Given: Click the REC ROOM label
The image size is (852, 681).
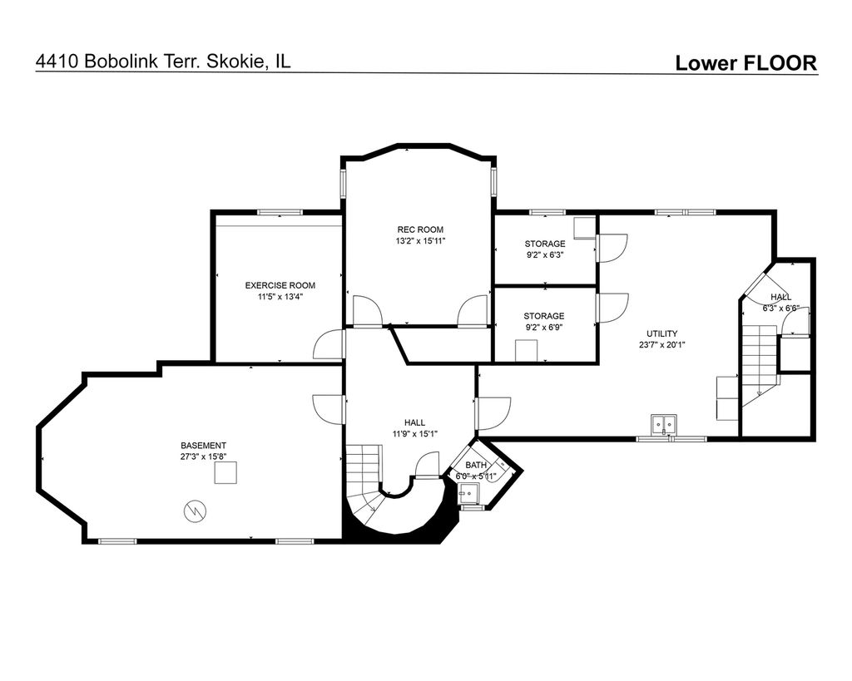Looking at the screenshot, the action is click(420, 229).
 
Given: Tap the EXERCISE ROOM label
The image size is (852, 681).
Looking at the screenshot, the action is click(280, 286).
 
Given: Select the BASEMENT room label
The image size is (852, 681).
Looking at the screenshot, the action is click(203, 446).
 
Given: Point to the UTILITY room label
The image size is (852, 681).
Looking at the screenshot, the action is click(661, 333).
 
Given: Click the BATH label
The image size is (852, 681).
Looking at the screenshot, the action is click(476, 465).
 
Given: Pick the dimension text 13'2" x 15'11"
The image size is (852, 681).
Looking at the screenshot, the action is click(420, 241).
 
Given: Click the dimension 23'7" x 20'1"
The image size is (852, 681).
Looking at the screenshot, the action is click(661, 344).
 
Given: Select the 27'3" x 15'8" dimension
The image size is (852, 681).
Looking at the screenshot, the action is click(203, 456).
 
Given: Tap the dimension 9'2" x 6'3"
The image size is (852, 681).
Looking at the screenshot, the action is click(545, 254).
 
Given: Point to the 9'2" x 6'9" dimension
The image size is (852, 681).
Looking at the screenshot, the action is click(544, 327).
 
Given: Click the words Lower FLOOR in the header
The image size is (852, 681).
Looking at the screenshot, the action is click(745, 63).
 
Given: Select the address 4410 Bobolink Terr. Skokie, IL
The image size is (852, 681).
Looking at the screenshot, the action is click(163, 61).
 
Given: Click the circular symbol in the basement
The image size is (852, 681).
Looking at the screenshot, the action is click(195, 511).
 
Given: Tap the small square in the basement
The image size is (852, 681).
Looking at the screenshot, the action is click(225, 472).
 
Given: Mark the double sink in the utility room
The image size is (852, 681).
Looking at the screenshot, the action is click(664, 424).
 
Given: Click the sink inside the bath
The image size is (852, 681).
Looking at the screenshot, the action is click(468, 494).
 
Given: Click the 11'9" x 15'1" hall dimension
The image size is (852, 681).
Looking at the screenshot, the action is click(415, 433).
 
